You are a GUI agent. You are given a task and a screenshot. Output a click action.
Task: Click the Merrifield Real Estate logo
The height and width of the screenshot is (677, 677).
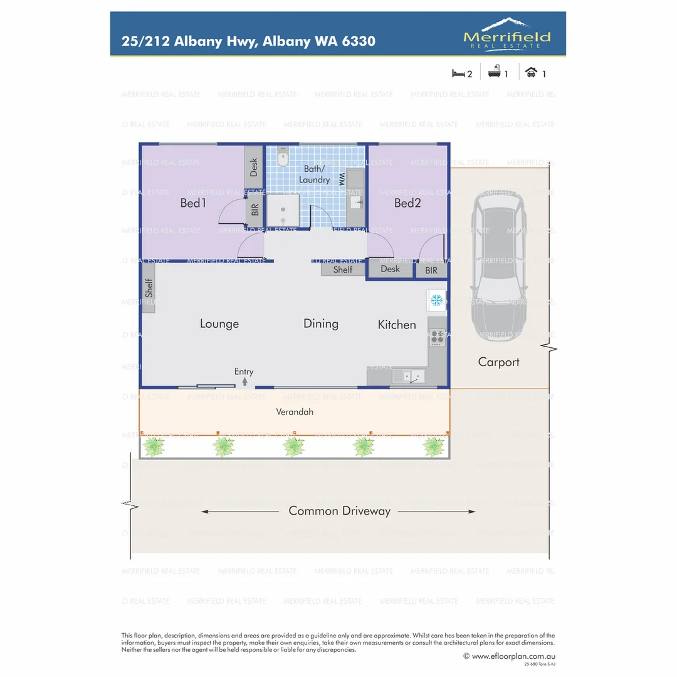click(x=507, y=34)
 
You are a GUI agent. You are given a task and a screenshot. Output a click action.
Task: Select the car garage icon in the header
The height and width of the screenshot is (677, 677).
click(x=531, y=73)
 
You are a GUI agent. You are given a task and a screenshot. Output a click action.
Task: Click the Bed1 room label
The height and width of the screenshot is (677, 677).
click(x=192, y=203)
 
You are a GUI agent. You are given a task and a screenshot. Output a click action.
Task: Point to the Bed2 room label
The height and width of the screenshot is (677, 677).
click(x=407, y=203)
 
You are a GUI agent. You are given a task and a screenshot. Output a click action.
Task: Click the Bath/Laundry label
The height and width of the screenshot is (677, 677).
click(x=314, y=175)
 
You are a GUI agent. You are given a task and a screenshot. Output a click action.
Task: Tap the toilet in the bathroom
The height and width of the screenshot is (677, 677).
click(x=283, y=159)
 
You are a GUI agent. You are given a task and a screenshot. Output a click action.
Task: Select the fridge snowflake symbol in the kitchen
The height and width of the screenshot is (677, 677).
click(x=436, y=300)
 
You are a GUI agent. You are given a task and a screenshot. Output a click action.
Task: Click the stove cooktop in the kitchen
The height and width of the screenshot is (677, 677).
click(x=436, y=338)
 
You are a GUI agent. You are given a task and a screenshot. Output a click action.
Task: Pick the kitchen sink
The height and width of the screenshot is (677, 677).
click(x=408, y=376)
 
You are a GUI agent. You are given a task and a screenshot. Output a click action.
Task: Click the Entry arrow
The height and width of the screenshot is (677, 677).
click(x=244, y=380)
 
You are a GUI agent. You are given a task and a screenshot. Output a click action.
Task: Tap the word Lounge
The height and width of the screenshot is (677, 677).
click(x=219, y=324)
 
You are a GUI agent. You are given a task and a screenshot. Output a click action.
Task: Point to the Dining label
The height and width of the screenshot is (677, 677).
click(x=321, y=324)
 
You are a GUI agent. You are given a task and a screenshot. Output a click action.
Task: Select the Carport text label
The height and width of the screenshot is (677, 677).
click(x=499, y=362)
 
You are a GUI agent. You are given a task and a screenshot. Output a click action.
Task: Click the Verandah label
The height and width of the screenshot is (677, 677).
click(x=295, y=412)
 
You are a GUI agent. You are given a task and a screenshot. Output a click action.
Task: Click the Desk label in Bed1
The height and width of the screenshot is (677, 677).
click(x=254, y=167)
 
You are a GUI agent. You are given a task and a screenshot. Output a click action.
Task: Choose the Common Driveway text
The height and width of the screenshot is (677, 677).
click(x=339, y=512)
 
